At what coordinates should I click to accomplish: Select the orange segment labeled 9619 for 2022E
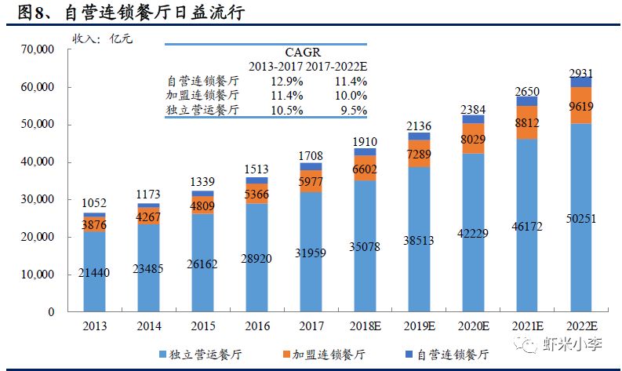(581, 106)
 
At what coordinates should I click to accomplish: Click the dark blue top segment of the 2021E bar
(526, 101)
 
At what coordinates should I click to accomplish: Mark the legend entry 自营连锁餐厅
(446, 354)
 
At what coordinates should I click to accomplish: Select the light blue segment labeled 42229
(473, 235)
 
